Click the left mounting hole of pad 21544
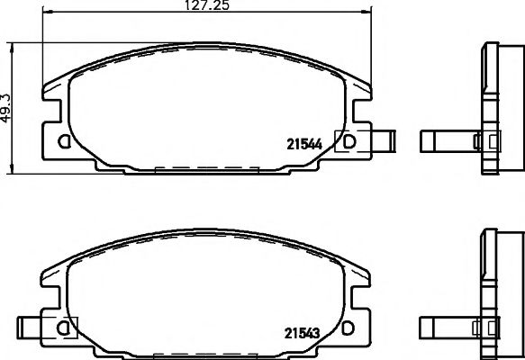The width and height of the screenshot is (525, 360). click(62, 141)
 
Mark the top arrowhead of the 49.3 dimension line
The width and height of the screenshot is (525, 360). click(10, 46)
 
